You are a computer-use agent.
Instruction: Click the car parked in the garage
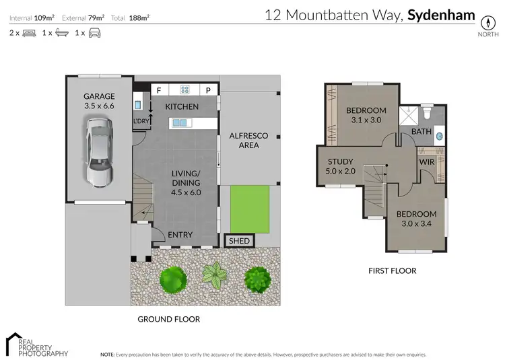99,151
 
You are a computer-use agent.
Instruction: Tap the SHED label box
239,241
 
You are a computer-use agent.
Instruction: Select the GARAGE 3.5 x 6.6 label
99,101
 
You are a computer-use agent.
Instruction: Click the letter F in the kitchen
159,90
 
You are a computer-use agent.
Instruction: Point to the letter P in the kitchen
209,90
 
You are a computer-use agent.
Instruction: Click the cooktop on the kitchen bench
183,90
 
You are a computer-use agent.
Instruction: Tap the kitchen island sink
180,122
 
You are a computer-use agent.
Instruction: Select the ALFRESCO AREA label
249,140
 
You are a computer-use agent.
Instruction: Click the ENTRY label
180,235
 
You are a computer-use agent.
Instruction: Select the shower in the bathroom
407,115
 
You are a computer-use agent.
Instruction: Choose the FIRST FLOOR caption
392,271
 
